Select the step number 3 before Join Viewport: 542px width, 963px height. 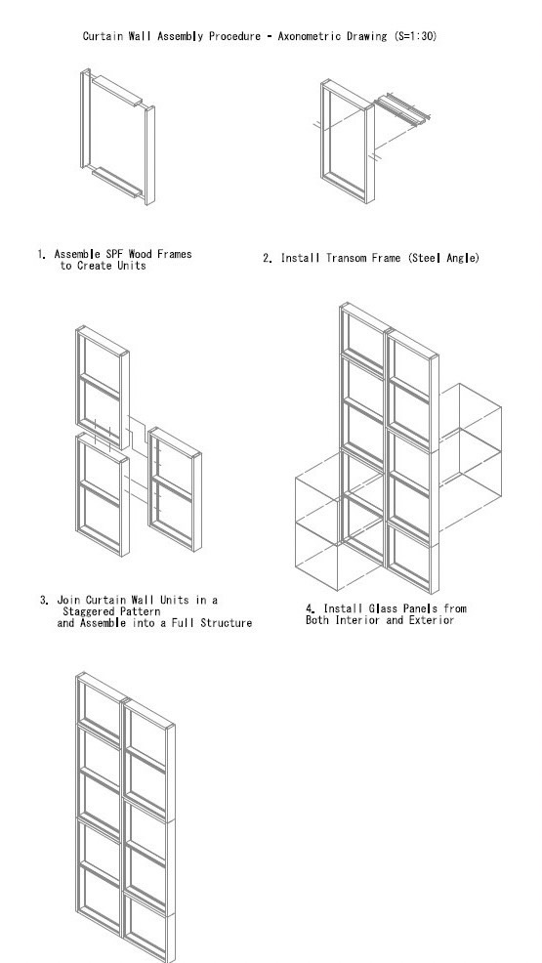(44, 600)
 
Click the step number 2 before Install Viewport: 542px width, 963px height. (267, 258)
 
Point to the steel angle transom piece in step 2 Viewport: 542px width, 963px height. (402, 106)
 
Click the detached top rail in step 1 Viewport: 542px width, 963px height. (117, 90)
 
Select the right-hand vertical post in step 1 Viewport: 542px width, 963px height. (149, 154)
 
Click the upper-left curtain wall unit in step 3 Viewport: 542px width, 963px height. (103, 388)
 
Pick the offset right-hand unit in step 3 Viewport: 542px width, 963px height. (175, 489)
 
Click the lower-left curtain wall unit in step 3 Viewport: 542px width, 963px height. (103, 494)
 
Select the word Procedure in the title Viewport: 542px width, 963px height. (234, 36)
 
